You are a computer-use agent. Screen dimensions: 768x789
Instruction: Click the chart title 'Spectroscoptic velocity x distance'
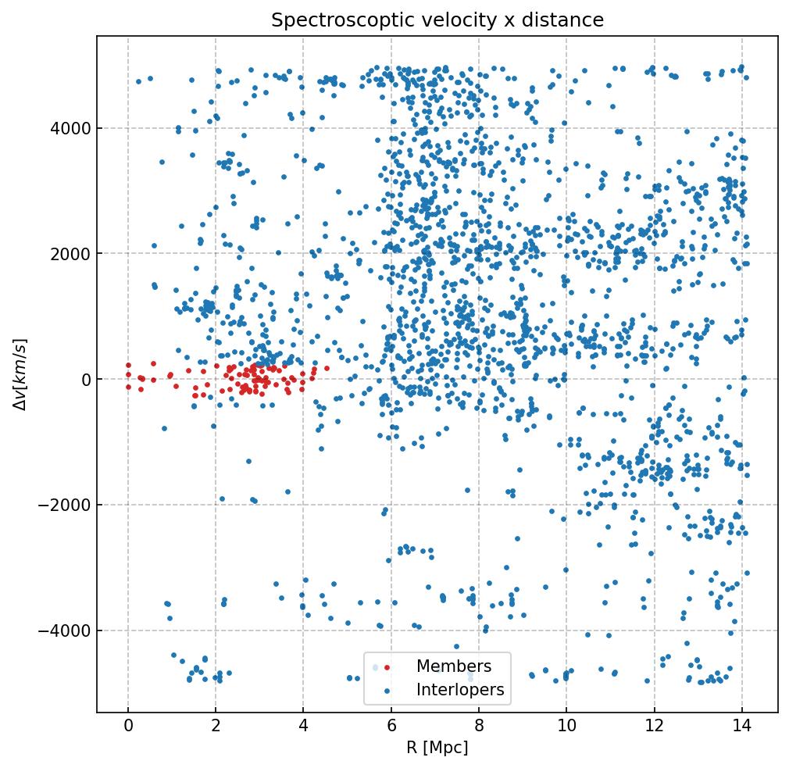(437, 20)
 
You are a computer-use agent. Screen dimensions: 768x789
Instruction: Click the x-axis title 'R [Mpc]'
(437, 748)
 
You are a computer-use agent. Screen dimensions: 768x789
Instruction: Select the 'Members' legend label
(454, 666)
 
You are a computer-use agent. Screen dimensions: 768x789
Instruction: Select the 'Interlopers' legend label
(460, 690)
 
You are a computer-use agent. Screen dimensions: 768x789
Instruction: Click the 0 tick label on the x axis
(128, 727)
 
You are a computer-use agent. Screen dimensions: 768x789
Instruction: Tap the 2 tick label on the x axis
(216, 727)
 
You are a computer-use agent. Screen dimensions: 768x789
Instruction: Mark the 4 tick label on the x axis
(303, 727)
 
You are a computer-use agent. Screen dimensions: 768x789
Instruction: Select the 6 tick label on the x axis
(391, 727)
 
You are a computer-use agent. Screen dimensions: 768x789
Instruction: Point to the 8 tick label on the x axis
(479, 727)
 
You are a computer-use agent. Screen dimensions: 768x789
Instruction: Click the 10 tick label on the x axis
(566, 727)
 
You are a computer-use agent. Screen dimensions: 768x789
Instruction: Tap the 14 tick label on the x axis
(742, 727)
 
